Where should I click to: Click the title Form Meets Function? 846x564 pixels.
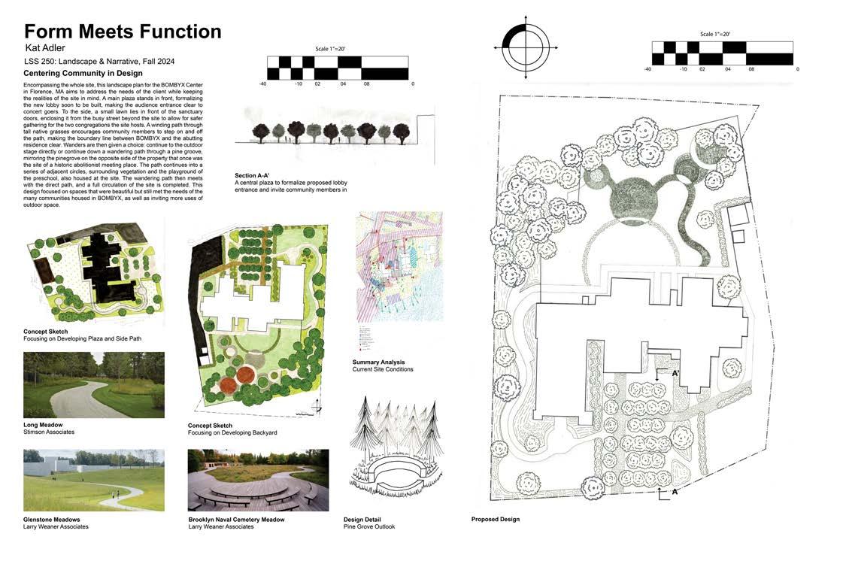pos(123,32)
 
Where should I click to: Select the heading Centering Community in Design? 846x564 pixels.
pos(82,73)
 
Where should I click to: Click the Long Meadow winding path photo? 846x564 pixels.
pos(93,384)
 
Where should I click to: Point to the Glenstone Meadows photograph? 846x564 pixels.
pos(93,481)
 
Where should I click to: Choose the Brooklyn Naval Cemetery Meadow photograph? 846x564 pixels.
pos(258,481)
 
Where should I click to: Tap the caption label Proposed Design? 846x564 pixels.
pos(495,520)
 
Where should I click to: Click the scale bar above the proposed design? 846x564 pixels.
pos(722,53)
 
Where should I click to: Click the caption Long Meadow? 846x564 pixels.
pos(43,425)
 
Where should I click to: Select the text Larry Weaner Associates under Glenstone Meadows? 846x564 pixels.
pos(56,526)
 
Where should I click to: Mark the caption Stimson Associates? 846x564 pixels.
pos(49,432)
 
